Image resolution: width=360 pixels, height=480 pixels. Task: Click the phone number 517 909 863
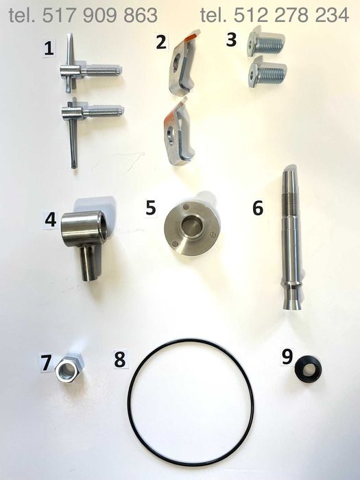tap(99, 15)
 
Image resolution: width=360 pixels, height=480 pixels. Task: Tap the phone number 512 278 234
tap(291, 15)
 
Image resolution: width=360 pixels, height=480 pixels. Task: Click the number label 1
tap(49, 49)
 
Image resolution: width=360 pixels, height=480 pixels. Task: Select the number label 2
tap(161, 42)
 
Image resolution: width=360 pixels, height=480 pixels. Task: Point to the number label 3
tap(232, 40)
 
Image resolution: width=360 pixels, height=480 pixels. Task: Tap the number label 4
tap(51, 220)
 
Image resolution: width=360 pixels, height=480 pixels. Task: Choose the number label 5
tap(151, 208)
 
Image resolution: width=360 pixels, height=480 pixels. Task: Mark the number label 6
tap(258, 208)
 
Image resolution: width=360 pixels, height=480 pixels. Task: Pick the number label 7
tap(46, 363)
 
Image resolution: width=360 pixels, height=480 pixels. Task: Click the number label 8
tap(120, 359)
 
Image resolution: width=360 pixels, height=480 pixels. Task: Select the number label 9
tap(287, 357)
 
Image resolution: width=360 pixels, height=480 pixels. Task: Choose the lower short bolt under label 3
tap(267, 72)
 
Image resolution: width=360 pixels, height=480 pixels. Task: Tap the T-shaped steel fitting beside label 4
tap(84, 239)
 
